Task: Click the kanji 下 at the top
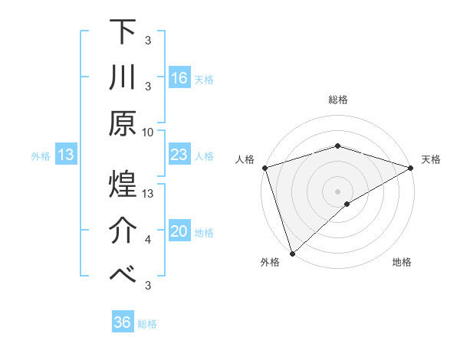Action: pyautogui.click(x=122, y=31)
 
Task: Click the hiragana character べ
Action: pyautogui.click(x=122, y=274)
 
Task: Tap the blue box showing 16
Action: pyautogui.click(x=179, y=78)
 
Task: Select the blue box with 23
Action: pyautogui.click(x=179, y=155)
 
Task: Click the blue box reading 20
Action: pyautogui.click(x=179, y=232)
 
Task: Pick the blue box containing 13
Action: pyautogui.click(x=66, y=155)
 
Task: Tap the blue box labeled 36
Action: pyautogui.click(x=122, y=322)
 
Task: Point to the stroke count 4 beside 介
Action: pyautogui.click(x=148, y=240)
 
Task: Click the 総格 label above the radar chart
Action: pyautogui.click(x=337, y=100)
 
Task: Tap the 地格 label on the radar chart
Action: pyautogui.click(x=402, y=263)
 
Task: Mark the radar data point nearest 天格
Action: pyautogui.click(x=411, y=167)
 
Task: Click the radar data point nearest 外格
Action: pyautogui.click(x=292, y=253)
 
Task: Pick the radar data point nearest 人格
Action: pyautogui.click(x=264, y=167)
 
